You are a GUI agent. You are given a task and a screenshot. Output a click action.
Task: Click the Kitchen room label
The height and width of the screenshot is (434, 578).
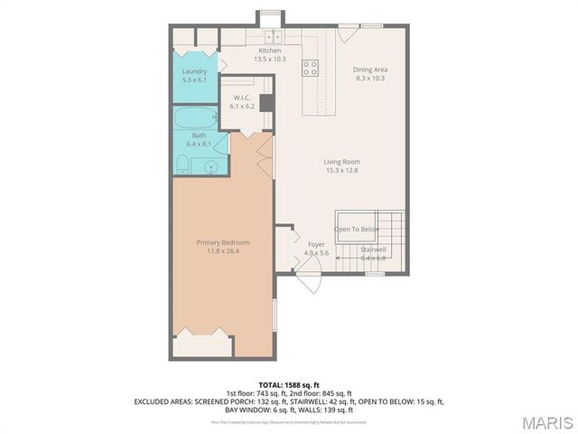(270, 51)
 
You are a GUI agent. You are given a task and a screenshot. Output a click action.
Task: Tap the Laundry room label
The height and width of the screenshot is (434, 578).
(194, 71)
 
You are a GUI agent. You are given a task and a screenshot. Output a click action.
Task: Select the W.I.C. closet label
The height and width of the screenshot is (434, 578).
(242, 98)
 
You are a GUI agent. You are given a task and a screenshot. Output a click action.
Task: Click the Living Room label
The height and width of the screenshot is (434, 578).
(342, 163)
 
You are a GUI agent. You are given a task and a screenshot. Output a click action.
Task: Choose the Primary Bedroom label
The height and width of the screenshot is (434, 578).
(223, 242)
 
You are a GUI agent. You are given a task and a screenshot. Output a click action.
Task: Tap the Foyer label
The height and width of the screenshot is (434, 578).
(316, 244)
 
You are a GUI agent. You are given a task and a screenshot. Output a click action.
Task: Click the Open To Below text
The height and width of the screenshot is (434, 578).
(357, 230)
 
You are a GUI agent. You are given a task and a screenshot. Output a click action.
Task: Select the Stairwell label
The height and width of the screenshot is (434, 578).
(373, 250)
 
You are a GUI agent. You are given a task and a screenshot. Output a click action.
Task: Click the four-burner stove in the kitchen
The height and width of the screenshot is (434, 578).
(310, 65)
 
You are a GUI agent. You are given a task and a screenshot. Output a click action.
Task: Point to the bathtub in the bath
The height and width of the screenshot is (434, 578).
(192, 118)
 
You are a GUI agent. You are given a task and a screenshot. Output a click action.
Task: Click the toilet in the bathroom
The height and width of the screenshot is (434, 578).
(182, 163)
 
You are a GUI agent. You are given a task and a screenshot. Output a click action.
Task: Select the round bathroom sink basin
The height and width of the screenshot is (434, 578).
(210, 166)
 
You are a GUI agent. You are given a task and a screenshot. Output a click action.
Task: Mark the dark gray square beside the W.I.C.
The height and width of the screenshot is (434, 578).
(266, 102)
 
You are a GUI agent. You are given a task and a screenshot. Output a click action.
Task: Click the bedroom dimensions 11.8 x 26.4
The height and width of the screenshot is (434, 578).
(223, 251)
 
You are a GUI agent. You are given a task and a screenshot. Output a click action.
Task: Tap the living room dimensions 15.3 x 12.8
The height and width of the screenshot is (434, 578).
(342, 171)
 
